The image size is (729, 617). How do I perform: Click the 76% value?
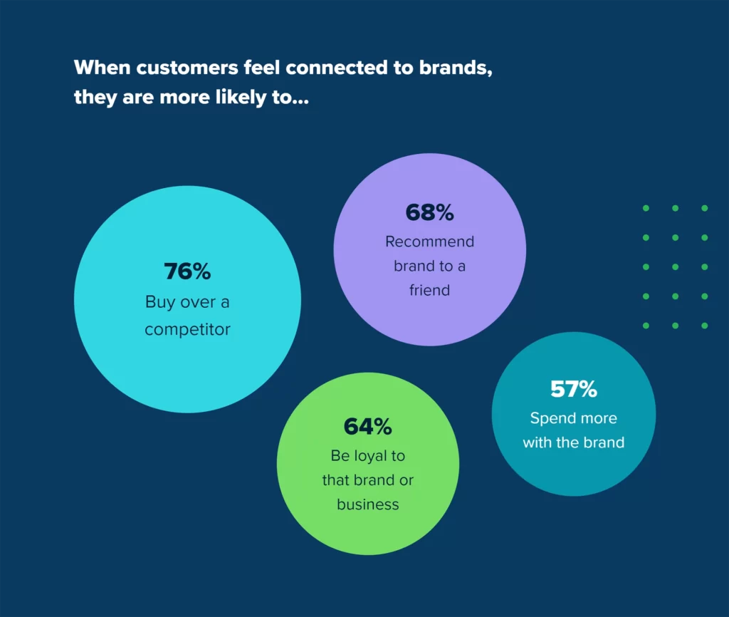(x=187, y=271)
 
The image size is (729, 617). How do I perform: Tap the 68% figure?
(x=429, y=212)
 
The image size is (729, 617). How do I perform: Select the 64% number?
(x=368, y=427)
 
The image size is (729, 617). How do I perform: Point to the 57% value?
(x=574, y=389)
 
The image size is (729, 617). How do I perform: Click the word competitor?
(x=187, y=329)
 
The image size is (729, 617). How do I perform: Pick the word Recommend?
(x=429, y=242)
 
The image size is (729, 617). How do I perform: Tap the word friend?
(x=429, y=290)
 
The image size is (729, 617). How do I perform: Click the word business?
(x=368, y=504)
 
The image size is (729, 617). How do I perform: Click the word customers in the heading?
(x=187, y=68)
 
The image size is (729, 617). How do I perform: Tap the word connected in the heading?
(x=336, y=68)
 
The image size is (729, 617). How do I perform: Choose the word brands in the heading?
(x=456, y=68)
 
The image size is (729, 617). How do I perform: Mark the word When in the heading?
(x=102, y=68)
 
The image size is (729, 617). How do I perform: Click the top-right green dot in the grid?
(x=704, y=208)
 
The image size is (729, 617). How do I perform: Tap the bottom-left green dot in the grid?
(x=646, y=326)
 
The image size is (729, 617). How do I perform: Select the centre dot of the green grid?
(x=675, y=267)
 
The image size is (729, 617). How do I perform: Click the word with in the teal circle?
(x=537, y=442)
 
